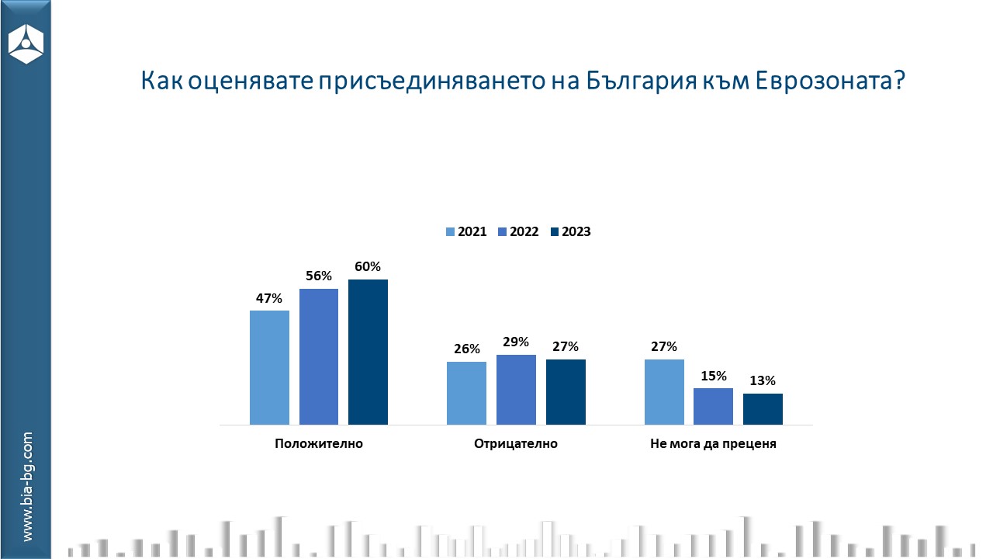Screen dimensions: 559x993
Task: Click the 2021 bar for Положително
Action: point(269,367)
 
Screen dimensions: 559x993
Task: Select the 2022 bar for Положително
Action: point(319,356)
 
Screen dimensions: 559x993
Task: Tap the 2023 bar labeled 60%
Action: point(368,352)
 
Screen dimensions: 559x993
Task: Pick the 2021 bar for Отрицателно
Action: point(467,393)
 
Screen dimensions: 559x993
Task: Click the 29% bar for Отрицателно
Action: point(516,390)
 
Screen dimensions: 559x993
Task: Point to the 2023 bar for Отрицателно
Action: point(566,392)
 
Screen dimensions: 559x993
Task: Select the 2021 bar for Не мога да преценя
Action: point(664,392)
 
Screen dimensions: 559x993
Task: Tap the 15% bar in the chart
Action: point(714,406)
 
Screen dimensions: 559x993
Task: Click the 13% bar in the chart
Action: point(763,409)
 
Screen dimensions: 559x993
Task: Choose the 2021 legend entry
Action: point(465,231)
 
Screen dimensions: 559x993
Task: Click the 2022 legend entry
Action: point(517,231)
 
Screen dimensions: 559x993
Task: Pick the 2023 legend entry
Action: point(569,231)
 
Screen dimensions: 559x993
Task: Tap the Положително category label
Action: point(319,444)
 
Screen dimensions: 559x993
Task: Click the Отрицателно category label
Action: point(516,444)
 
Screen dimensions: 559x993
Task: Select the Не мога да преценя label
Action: point(713,444)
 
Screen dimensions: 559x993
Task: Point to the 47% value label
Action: point(269,297)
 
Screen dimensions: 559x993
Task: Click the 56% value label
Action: point(319,276)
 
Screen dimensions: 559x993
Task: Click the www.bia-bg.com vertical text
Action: point(27,487)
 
